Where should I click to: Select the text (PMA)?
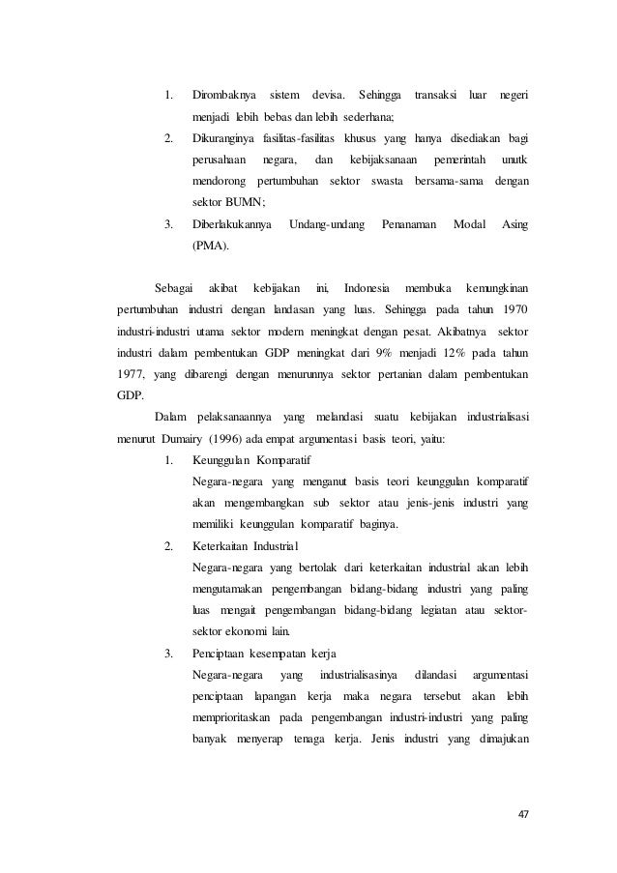pyautogui.click(x=211, y=246)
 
